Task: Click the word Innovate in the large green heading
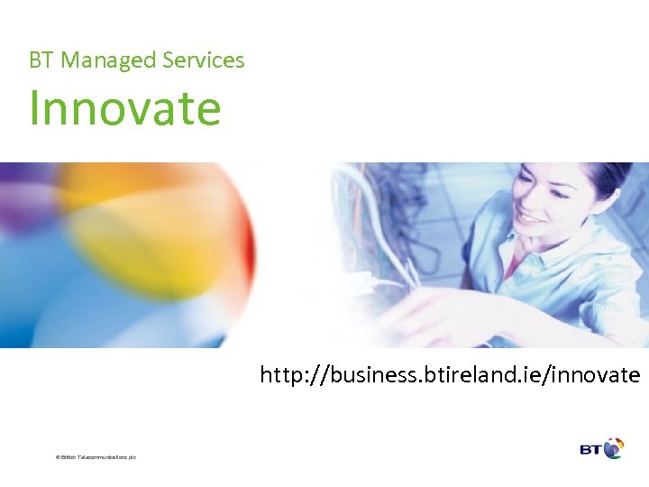(124, 107)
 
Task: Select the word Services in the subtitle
(204, 60)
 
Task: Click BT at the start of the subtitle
(40, 60)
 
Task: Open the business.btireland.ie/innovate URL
(450, 374)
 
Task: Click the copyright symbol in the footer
(58, 458)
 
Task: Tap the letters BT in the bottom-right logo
(590, 448)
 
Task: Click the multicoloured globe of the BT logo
(613, 448)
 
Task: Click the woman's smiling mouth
(532, 219)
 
